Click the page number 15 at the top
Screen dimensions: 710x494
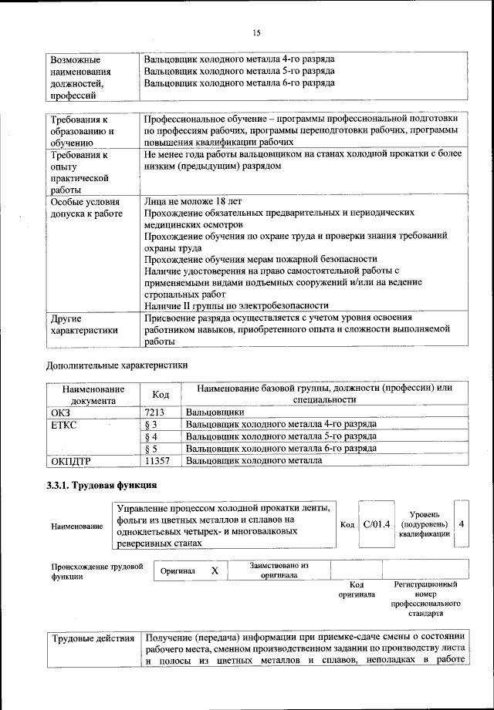tap(256, 32)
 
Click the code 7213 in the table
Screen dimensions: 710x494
tap(156, 412)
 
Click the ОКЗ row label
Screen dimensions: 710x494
tap(60, 412)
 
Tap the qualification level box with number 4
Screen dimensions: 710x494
tap(461, 524)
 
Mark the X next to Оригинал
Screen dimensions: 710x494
tap(215, 570)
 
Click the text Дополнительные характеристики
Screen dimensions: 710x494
tap(116, 364)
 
